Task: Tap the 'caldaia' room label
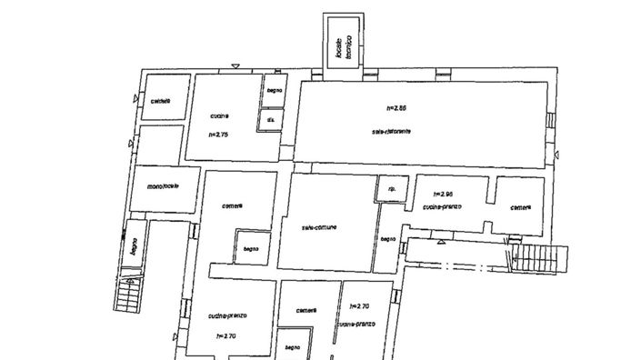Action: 162,101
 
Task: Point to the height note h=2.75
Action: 218,135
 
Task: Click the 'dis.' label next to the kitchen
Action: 270,119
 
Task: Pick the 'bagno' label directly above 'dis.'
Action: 274,90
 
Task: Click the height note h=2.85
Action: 396,107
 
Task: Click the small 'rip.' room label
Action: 392,189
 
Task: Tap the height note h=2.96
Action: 443,194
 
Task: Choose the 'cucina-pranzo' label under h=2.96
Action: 443,206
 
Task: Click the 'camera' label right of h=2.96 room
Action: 520,206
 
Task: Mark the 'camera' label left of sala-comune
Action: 234,205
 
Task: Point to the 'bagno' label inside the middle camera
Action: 248,248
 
